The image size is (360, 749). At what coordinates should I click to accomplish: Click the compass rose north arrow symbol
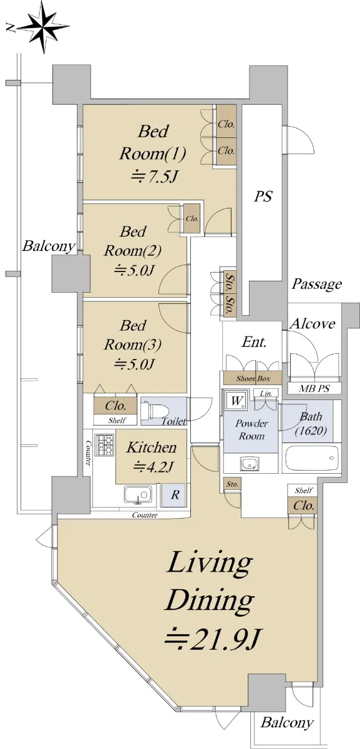tap(43, 28)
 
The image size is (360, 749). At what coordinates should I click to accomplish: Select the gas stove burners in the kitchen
tap(105, 444)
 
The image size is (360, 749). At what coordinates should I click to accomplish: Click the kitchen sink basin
tap(137, 494)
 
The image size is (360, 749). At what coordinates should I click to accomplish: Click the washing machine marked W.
tap(236, 400)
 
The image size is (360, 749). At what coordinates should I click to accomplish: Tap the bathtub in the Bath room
tap(311, 458)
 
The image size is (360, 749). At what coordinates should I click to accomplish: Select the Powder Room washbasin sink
tap(250, 464)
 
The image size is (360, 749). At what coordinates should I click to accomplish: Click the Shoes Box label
tap(253, 378)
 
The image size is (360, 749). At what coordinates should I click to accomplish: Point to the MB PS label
tap(314, 388)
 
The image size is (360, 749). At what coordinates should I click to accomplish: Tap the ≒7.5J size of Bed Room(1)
tap(152, 177)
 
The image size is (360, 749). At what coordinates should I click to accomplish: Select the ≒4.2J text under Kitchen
tap(152, 466)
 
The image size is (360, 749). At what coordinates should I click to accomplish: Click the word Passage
tap(316, 285)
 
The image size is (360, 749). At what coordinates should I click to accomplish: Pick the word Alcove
tap(313, 324)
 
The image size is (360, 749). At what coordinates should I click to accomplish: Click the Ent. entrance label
tap(254, 342)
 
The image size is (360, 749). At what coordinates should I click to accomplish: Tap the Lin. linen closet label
tap(266, 393)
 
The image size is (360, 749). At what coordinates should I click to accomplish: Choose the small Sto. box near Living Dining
tap(232, 484)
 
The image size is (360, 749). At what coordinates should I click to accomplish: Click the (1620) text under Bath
tap(311, 431)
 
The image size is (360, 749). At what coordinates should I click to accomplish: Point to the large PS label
tap(263, 196)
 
